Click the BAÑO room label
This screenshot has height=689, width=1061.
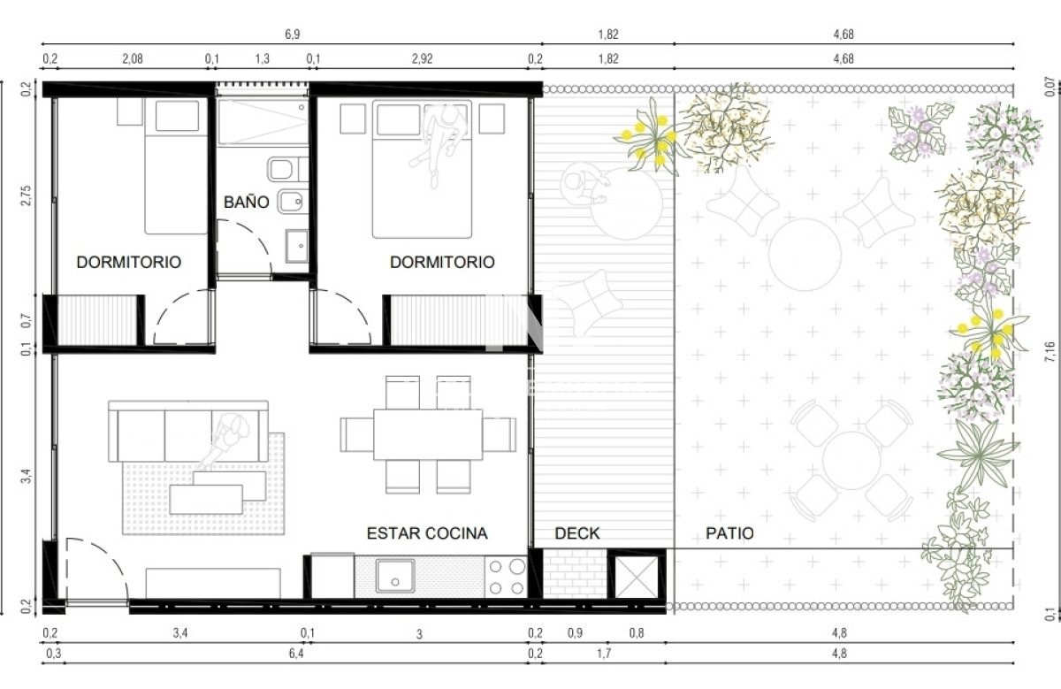tap(247, 202)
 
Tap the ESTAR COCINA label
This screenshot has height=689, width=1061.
tap(427, 533)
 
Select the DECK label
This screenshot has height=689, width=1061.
tap(576, 533)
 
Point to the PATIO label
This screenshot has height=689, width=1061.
tap(729, 533)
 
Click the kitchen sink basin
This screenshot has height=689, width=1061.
tap(395, 576)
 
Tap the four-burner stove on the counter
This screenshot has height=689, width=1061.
tap(506, 578)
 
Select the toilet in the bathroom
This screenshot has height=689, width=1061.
tap(287, 169)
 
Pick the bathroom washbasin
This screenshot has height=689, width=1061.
tap(297, 246)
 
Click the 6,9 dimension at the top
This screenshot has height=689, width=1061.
tap(293, 34)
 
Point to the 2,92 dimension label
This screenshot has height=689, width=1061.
tap(422, 58)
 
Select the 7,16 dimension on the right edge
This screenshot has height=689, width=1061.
tap(1050, 352)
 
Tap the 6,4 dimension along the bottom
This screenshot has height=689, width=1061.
tap(296, 654)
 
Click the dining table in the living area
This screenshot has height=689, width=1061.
tap(428, 434)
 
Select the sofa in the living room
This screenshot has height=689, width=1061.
tap(188, 432)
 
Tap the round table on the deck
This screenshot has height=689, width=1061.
tap(626, 203)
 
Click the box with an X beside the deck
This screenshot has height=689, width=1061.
tap(637, 578)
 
